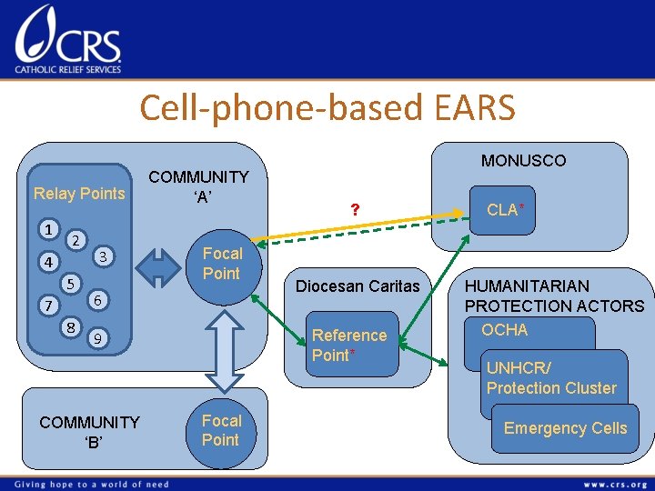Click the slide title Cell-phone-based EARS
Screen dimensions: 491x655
tap(327, 107)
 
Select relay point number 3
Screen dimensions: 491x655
tap(104, 256)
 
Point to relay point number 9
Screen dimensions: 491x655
tap(96, 339)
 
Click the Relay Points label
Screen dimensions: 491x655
tap(79, 193)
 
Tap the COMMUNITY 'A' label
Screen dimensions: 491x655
tap(198, 186)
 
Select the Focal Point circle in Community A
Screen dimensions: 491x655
tap(221, 264)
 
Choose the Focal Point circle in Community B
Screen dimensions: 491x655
tap(221, 431)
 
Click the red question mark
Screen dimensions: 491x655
tap(357, 210)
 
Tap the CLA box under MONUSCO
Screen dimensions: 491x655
tap(504, 210)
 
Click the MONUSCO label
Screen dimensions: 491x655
tap(523, 161)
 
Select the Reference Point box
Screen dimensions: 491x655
tap(349, 346)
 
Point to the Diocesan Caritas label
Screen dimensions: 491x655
tap(358, 286)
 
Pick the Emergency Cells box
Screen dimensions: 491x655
tap(565, 428)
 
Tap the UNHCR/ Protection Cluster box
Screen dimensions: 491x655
tap(551, 378)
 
